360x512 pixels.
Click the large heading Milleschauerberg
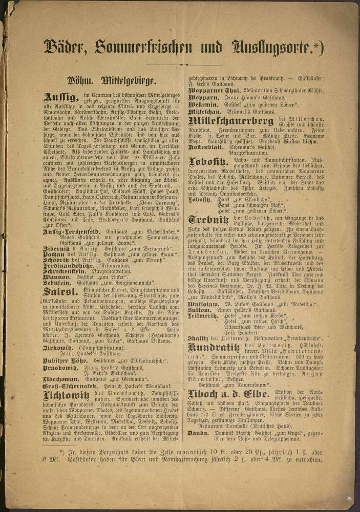(x=231, y=121)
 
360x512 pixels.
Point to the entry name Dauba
(x=198, y=433)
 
